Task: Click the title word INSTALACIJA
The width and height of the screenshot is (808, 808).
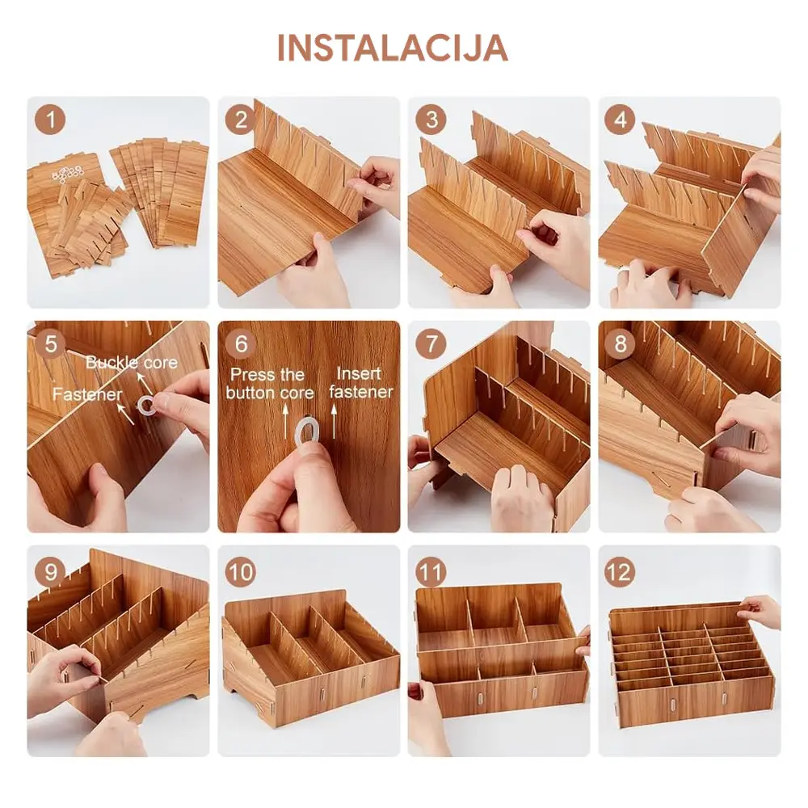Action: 393,48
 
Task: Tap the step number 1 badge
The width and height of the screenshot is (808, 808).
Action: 50,120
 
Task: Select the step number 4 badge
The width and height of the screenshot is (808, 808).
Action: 620,120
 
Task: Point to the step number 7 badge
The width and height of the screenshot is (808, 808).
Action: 431,343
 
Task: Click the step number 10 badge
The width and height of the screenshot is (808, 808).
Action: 241,571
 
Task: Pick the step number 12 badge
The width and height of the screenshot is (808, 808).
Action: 620,571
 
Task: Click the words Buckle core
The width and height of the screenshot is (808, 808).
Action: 132,362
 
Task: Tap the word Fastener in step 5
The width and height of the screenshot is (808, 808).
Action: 87,394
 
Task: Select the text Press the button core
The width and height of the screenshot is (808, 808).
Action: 270,383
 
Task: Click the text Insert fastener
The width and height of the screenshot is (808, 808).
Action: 360,382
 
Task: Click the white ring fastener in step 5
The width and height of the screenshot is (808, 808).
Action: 145,405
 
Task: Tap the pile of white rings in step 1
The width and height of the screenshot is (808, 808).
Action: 68,175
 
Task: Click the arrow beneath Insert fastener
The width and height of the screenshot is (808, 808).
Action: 334,422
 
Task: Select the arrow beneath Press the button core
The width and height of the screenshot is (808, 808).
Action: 285,422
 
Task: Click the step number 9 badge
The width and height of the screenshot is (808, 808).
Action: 50,571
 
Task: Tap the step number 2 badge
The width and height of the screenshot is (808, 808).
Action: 241,120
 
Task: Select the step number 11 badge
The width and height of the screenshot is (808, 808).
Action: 431,571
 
